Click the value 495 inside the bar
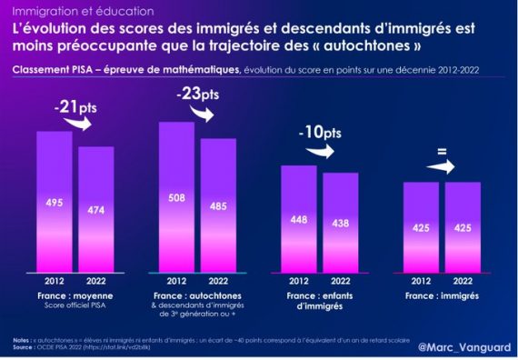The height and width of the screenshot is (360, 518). [55, 202]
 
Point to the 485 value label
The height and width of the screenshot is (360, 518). [218, 205]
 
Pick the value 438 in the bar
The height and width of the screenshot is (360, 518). [340, 223]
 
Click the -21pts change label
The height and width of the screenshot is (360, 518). [75, 108]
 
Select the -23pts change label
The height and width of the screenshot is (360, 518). [197, 93]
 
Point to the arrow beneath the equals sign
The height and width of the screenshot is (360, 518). [443, 168]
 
